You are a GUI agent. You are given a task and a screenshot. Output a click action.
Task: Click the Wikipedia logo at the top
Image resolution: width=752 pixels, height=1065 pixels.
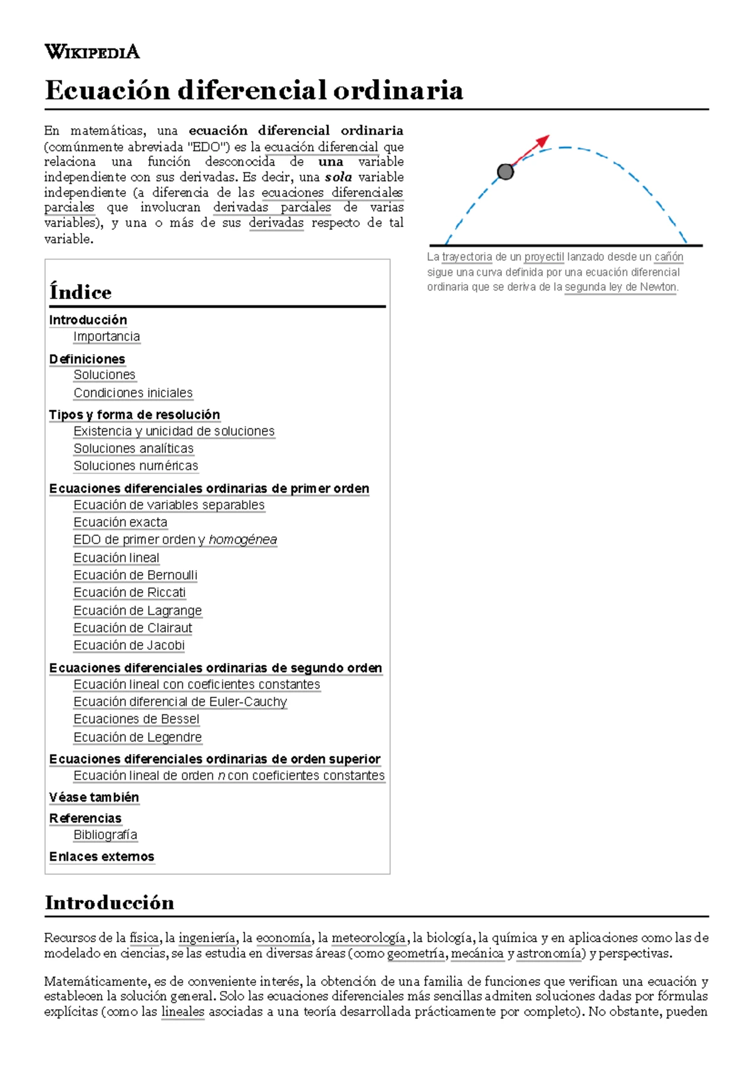[92, 51]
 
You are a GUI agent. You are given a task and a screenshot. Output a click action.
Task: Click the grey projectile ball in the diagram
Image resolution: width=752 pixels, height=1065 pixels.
[505, 171]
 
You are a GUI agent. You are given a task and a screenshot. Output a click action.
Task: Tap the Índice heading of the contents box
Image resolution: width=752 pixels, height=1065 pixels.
[80, 292]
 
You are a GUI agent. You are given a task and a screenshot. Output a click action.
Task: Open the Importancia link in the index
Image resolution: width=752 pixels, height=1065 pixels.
[107, 337]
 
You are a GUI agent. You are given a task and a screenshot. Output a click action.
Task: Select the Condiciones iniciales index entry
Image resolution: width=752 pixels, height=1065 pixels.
[133, 393]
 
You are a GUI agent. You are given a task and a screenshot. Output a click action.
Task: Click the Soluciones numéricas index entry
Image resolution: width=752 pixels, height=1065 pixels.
[135, 466]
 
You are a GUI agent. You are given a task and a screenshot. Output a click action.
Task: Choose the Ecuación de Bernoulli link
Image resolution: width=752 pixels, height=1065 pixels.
[135, 575]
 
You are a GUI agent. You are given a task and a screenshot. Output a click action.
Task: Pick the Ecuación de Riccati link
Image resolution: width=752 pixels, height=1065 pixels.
[130, 593]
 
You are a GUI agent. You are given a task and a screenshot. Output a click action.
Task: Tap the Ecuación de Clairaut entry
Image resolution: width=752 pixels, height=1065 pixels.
[133, 628]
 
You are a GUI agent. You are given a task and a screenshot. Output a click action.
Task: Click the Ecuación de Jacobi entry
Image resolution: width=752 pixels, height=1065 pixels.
[129, 645]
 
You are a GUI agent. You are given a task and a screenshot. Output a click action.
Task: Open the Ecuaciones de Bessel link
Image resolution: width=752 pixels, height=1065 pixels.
[136, 719]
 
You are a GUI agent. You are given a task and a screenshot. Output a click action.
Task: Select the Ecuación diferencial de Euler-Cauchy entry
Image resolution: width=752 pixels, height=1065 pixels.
[180, 702]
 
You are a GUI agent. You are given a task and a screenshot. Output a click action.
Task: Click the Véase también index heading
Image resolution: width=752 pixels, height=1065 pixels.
[94, 797]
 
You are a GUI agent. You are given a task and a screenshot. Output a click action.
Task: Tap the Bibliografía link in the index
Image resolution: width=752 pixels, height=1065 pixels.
[105, 835]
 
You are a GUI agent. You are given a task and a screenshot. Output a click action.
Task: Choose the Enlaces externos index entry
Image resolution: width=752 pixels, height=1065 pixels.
[102, 857]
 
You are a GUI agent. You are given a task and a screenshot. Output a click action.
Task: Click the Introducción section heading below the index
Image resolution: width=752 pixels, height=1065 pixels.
[110, 903]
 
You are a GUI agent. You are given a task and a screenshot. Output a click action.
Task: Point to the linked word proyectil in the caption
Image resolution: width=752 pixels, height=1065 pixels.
[544, 257]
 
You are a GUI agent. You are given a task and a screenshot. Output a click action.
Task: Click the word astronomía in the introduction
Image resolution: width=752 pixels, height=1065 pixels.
[549, 953]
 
